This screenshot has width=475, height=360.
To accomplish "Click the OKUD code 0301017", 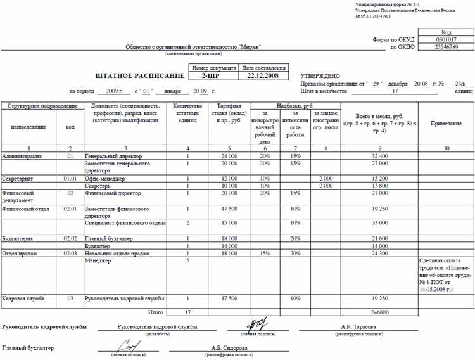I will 445,39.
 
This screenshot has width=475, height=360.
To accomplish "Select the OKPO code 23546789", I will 445,47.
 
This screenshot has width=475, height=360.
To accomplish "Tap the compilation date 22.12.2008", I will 262,75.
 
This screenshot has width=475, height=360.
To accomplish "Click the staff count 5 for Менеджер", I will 187,260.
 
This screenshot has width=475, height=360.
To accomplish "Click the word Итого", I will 155,312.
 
